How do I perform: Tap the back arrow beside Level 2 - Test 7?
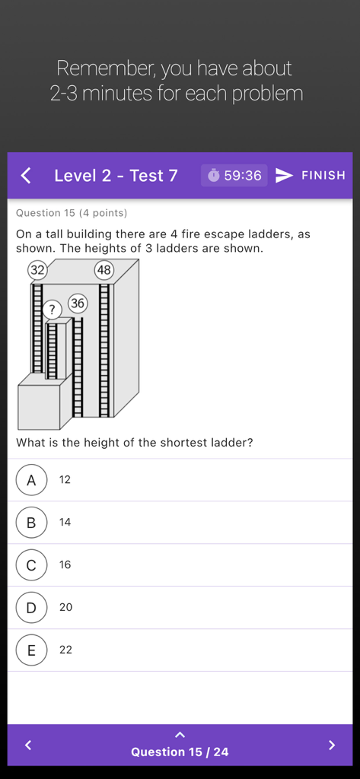tap(26, 176)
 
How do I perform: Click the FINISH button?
tap(323, 176)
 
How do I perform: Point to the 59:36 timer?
tap(234, 176)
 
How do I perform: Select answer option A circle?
tap(31, 480)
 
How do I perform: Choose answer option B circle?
tap(31, 523)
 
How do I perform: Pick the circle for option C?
tap(31, 565)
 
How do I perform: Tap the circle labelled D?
tap(31, 608)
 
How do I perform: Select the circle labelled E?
tap(31, 650)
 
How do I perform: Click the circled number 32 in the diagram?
tap(37, 270)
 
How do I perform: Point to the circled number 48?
tap(104, 270)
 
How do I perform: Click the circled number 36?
tap(78, 304)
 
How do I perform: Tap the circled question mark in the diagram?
tap(53, 310)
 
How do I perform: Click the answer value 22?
tap(65, 650)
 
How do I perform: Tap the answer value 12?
tap(65, 480)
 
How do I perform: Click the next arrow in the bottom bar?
tap(331, 745)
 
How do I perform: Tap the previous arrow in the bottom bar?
tap(28, 745)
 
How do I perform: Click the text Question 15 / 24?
tap(180, 752)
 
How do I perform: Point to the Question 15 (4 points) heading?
tap(72, 213)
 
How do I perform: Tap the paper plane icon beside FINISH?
tap(284, 176)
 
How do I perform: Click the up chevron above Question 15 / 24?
tap(180, 735)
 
